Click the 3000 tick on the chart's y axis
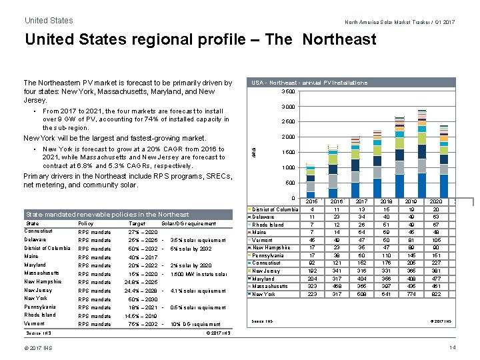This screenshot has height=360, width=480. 287,107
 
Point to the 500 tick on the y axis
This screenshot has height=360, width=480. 290,183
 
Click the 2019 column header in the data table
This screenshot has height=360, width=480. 411,201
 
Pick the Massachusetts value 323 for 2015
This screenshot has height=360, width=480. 312,286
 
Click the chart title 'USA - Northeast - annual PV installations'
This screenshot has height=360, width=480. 309,83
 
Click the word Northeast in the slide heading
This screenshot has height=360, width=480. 339,39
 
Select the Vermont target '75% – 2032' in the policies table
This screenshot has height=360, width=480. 142,324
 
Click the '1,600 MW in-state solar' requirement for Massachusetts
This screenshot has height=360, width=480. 197,274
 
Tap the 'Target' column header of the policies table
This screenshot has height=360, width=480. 137,223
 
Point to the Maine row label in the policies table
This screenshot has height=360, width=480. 31,257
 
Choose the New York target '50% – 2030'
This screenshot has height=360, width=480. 142,299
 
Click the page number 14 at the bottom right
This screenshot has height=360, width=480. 453,348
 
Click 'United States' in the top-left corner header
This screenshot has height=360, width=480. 49,21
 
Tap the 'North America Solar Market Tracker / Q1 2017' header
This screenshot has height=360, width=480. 399,22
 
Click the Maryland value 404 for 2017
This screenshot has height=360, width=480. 362,279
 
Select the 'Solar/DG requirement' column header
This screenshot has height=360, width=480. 189,223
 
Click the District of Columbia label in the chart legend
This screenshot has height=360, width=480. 275,209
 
